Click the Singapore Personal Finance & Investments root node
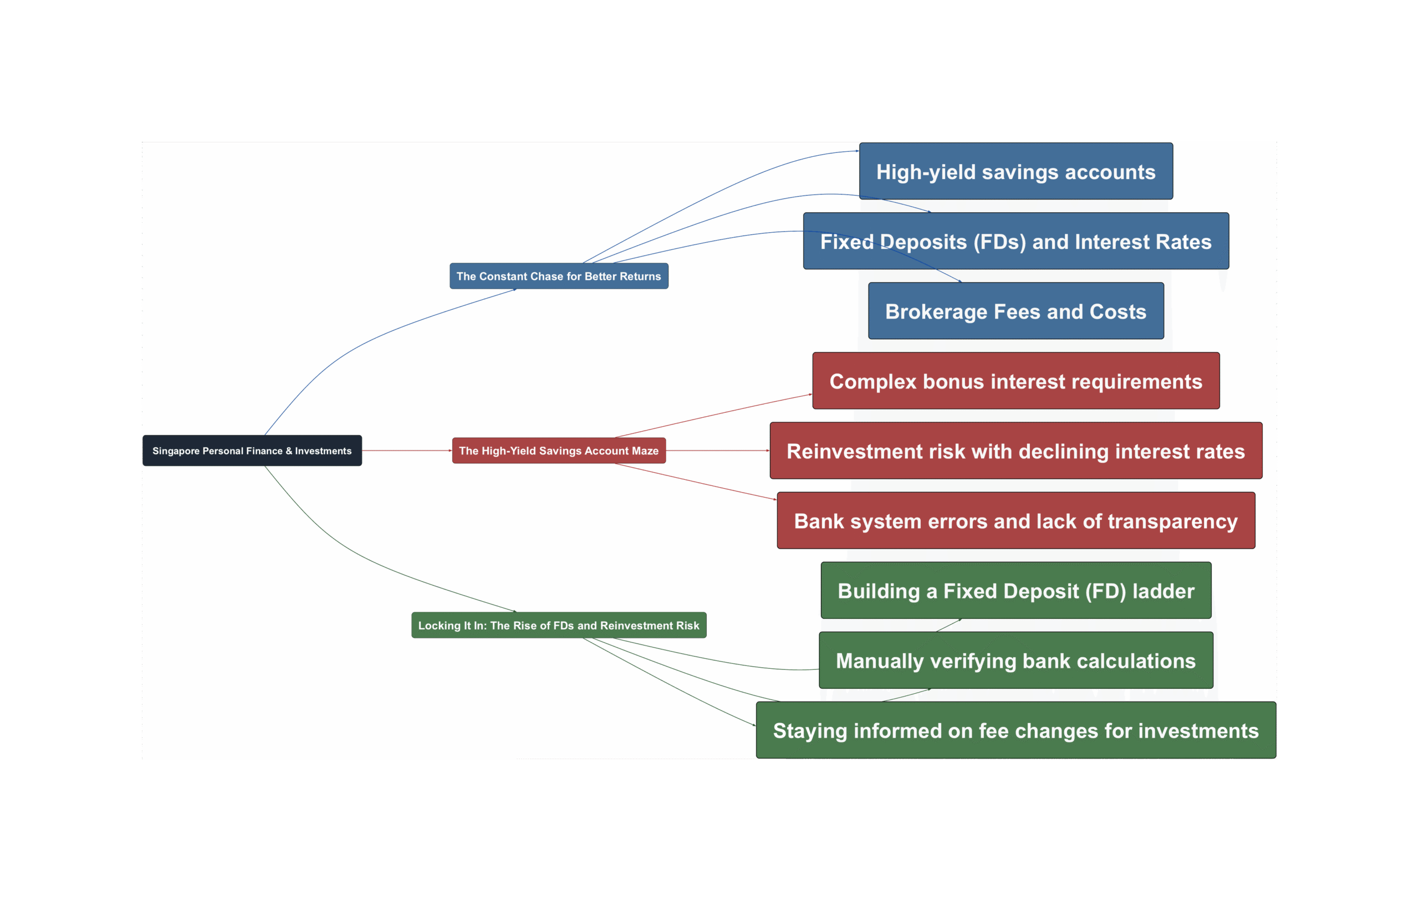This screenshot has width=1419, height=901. pos(252,451)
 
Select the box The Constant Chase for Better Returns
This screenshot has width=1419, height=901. pos(559,277)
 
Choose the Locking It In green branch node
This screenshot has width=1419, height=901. pos(559,625)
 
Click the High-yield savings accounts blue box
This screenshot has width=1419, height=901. pos(1016,171)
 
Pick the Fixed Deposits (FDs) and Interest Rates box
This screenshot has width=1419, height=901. pos(1016,241)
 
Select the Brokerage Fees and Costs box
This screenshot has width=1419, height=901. pos(1016,311)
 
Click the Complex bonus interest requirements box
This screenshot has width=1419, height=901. pos(1016,381)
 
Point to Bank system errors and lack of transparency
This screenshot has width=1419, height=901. pos(1016,521)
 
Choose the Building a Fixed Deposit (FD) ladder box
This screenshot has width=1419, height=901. pos(1016,591)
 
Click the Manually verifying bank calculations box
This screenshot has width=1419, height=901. pos(1016,661)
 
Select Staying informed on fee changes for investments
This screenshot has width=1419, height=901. pos(1016,730)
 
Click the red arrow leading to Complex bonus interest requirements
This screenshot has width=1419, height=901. pos(713,416)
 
